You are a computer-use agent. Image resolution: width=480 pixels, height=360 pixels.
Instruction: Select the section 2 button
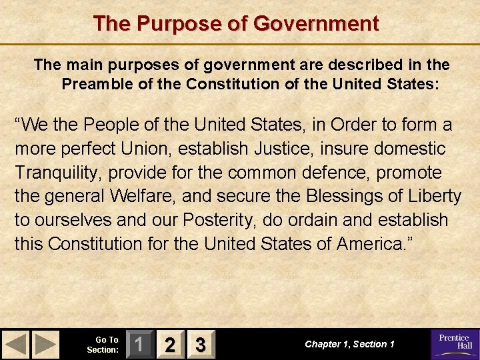[x=171, y=345]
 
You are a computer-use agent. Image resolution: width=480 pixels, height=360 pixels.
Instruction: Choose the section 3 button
[x=199, y=345]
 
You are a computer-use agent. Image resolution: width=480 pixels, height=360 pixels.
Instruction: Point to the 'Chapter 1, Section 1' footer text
[x=349, y=344]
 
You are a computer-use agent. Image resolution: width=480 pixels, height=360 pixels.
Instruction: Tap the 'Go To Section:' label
[x=103, y=345]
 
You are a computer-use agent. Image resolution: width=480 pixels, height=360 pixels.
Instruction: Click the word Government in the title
[x=316, y=24]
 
